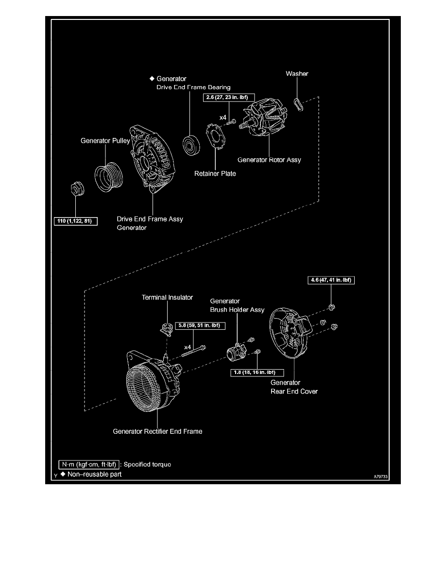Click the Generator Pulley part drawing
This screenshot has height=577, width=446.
click(x=108, y=177)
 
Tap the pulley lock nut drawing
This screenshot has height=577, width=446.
click(x=77, y=189)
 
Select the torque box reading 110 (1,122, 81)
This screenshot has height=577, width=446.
click(x=75, y=221)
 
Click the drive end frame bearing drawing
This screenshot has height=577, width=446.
click(x=191, y=145)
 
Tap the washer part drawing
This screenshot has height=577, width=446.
click(x=299, y=104)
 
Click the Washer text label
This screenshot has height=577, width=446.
click(x=297, y=74)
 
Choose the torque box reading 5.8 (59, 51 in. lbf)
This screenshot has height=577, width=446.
click(x=200, y=326)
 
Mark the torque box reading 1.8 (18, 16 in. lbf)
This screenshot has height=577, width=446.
click(x=257, y=373)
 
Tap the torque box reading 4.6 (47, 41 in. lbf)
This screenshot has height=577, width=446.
click(x=331, y=280)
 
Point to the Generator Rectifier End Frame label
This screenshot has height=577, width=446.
click(x=157, y=431)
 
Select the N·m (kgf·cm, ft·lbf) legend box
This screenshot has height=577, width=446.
click(x=89, y=464)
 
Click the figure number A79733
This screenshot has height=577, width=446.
click(x=380, y=476)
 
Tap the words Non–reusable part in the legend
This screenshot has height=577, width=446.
click(x=95, y=475)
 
